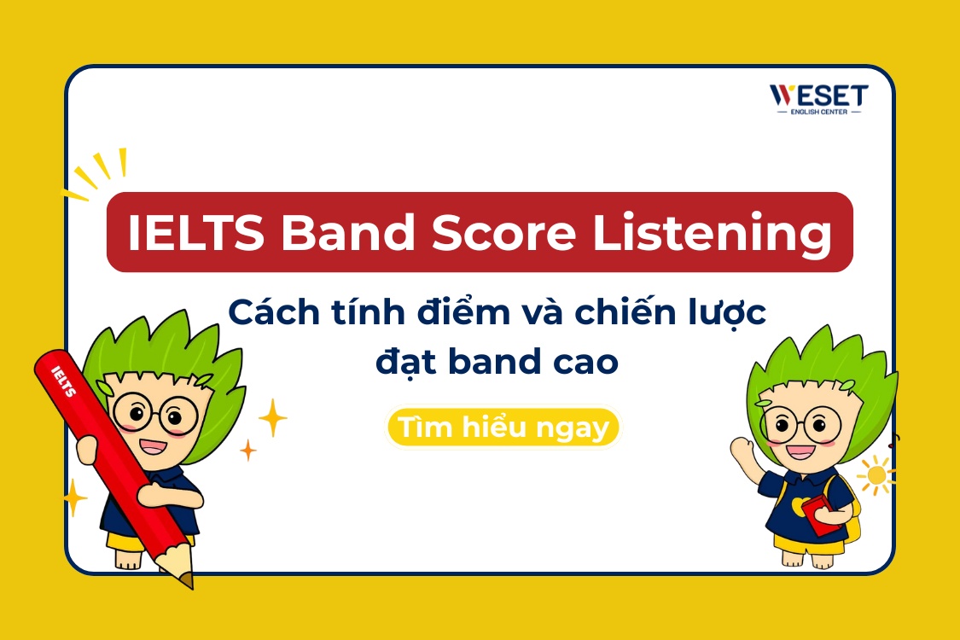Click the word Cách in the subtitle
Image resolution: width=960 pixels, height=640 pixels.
[271, 315]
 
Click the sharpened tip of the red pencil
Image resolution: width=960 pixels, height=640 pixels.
[187, 580]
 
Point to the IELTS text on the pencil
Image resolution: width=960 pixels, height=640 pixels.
[64, 381]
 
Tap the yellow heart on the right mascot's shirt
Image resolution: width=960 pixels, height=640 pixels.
[798, 506]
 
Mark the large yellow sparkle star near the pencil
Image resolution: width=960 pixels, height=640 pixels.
[272, 417]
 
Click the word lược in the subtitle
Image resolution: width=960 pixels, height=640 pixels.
[724, 315]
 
